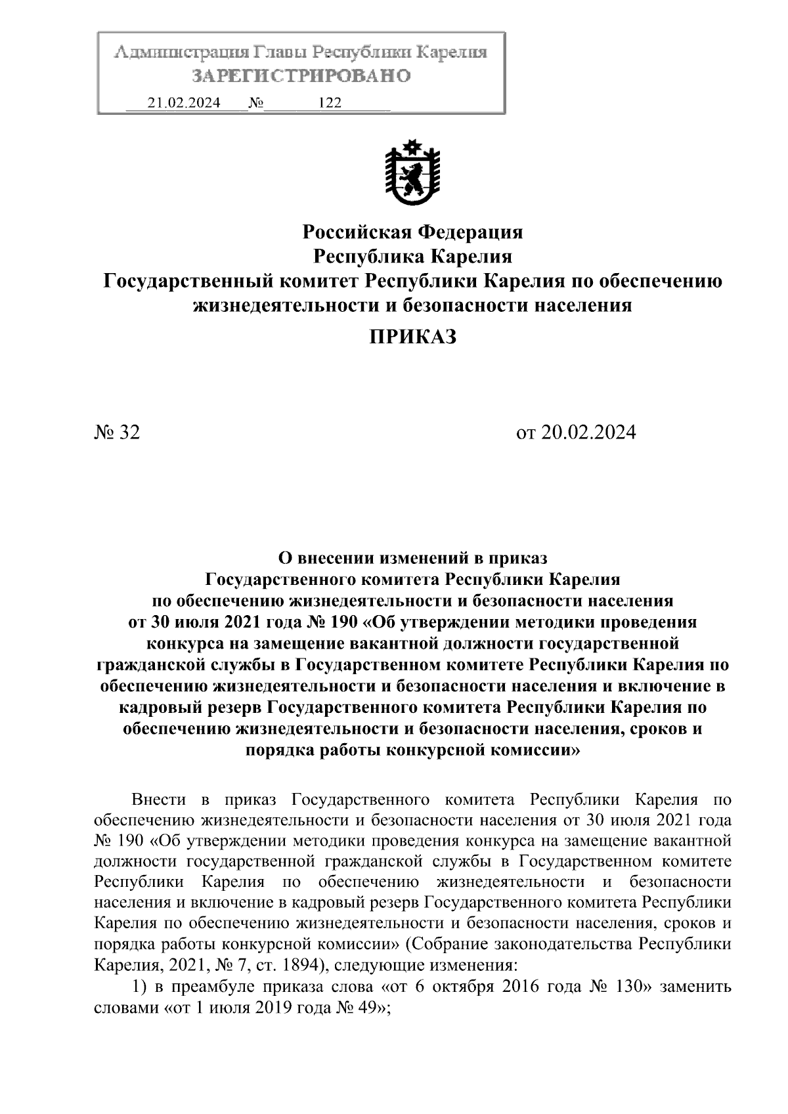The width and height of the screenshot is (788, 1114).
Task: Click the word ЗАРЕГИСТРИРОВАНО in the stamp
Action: pyautogui.click(x=301, y=76)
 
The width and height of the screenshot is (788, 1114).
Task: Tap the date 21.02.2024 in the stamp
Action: pyautogui.click(x=184, y=103)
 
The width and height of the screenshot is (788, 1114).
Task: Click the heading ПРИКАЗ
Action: pyautogui.click(x=412, y=337)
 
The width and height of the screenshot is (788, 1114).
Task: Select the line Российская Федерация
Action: pyautogui.click(x=412, y=232)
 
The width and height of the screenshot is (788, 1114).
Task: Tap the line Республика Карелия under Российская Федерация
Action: pyautogui.click(x=412, y=256)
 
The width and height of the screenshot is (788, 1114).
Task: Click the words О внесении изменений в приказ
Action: pyautogui.click(x=412, y=559)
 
